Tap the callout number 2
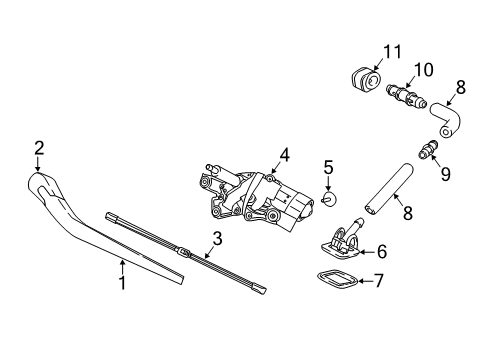click(x=39, y=148)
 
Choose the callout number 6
click(x=381, y=253)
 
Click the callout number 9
click(x=445, y=174)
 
